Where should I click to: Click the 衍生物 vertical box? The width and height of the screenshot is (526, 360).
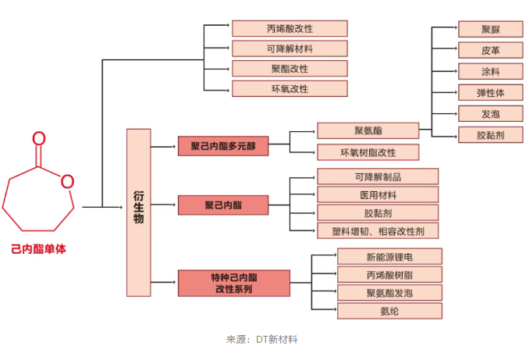coord(139,212)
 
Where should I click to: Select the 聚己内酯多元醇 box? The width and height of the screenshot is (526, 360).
coord(223,145)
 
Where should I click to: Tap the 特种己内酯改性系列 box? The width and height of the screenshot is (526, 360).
coord(223,283)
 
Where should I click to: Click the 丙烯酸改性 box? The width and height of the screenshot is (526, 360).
coord(289,28)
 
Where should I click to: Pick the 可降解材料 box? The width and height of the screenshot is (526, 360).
coord(289,48)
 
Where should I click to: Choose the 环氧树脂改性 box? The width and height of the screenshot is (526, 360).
coord(368,151)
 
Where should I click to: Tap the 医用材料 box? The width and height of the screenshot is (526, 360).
coord(378,194)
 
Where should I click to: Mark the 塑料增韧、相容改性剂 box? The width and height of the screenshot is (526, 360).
coord(378,230)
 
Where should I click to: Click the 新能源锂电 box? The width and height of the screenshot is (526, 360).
coord(389,256)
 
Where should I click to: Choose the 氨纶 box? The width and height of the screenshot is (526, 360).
coord(389,311)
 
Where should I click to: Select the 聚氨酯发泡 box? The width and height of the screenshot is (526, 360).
coord(389,293)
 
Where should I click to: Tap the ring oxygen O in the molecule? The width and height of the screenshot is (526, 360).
coord(67,182)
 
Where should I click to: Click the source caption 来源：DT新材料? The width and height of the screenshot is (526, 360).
coord(262,340)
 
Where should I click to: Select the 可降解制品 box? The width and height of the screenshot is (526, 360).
coord(378,176)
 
